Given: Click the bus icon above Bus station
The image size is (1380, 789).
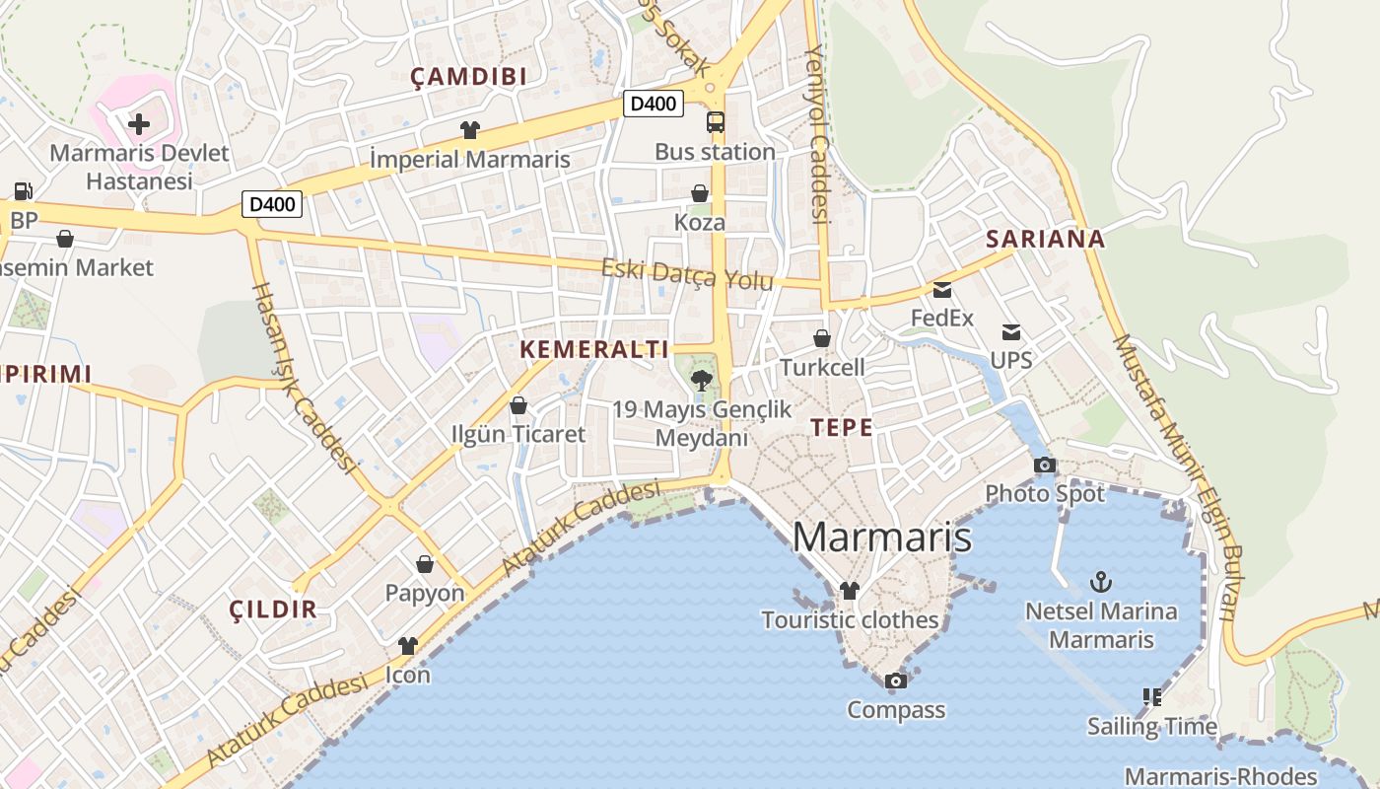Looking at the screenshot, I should [x=716, y=122].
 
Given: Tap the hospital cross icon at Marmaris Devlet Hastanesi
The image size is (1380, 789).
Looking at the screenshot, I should [x=139, y=124].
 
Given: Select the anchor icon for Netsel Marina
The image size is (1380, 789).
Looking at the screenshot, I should [x=1100, y=582].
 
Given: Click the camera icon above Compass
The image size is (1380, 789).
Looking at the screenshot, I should [x=895, y=681].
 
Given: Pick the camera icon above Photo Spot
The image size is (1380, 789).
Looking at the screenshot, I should [x=1045, y=465].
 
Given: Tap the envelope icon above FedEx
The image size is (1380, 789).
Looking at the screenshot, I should [x=942, y=290].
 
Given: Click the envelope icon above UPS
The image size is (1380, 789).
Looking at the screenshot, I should [x=1011, y=331].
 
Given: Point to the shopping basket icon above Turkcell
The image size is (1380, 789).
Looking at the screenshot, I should [x=821, y=338].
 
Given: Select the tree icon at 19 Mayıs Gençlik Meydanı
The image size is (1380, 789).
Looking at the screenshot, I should [x=702, y=380].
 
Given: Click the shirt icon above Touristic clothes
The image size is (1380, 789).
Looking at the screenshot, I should [x=849, y=591].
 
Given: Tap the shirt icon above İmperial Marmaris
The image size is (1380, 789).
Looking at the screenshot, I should [x=469, y=129].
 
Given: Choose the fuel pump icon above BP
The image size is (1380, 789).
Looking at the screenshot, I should [x=22, y=191].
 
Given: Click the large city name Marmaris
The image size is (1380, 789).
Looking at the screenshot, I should [x=881, y=538].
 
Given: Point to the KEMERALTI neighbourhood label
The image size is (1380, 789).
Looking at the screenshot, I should [x=593, y=349].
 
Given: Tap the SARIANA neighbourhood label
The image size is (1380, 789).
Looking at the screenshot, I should [x=1045, y=239].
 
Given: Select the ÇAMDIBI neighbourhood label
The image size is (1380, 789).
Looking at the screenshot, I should [x=468, y=77].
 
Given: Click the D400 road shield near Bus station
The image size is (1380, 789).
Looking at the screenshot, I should [x=653, y=104].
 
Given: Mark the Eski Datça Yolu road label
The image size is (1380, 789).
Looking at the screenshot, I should [x=687, y=274].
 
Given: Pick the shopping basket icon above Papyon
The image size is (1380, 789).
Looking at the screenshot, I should [x=425, y=564].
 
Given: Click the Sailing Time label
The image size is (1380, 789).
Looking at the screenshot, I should [x=1151, y=727].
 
